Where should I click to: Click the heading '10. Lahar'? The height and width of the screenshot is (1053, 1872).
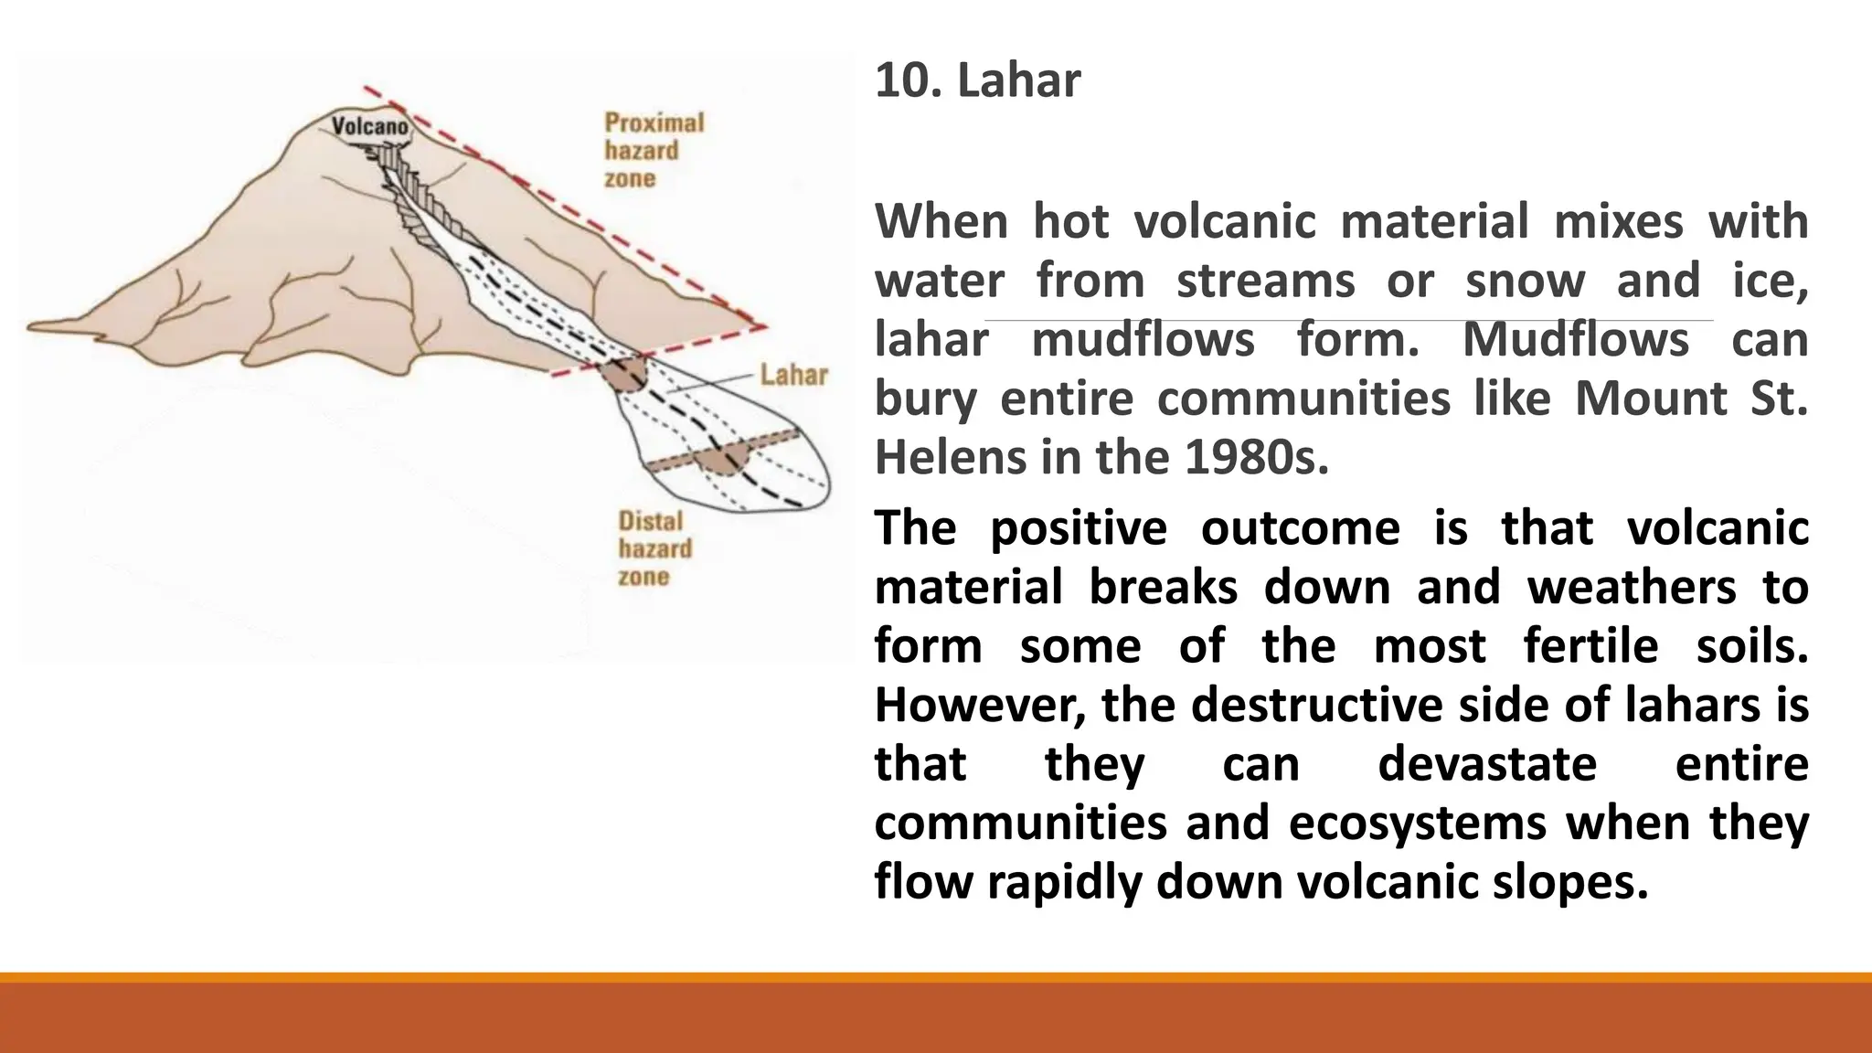[x=977, y=80]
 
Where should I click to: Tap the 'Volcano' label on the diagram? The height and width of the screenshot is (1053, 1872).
[x=369, y=126]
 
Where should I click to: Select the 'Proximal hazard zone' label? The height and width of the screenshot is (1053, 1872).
[x=653, y=151]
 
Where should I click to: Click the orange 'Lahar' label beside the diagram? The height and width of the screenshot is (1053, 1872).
[x=793, y=376]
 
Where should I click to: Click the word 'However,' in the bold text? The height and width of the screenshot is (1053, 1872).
[x=980, y=706]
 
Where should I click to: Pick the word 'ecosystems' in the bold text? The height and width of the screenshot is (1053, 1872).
[x=1417, y=823]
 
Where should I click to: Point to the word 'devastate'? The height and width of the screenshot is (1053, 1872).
[x=1486, y=764]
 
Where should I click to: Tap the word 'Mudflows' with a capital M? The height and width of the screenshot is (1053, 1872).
[x=1575, y=340]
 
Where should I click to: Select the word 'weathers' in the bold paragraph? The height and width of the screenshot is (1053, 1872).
[x=1631, y=587]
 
